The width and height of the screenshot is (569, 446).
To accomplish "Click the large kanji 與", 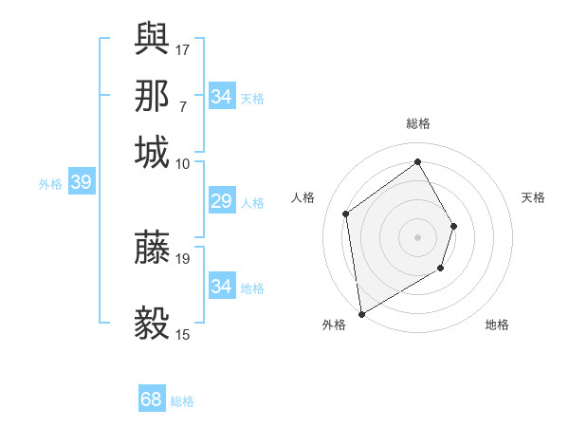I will coord(152,37).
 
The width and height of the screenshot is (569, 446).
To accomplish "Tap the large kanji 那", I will coord(152,95).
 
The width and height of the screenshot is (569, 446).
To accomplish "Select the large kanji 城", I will coord(152,152).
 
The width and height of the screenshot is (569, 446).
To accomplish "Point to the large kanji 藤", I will coord(152,247).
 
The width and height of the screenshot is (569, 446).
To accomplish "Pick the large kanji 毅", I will coord(152,323).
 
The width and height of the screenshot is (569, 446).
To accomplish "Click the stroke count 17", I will coord(183,48).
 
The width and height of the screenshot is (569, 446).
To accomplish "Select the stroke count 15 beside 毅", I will coord(183,334).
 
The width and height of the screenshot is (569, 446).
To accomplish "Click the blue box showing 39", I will coord(81,183).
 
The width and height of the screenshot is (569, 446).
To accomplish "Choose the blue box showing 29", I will coord(221,201).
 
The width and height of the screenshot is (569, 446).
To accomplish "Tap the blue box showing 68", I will coord(152,400).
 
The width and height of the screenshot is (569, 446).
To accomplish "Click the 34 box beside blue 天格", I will coord(221,97).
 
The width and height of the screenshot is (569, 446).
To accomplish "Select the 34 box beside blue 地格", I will coord(221,287).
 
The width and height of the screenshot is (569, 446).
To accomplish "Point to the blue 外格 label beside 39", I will coord(50,184).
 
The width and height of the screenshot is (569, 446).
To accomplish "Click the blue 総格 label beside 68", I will coord(183,401).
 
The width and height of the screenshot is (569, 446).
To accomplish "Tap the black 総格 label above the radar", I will coord(417,123).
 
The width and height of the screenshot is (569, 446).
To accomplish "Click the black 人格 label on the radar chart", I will coord(303,197).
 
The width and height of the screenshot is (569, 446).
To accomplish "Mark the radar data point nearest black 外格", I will coord(361,313).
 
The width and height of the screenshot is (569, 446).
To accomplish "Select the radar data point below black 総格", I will coord(417,161).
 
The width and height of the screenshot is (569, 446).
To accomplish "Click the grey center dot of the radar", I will coord(417,236).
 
